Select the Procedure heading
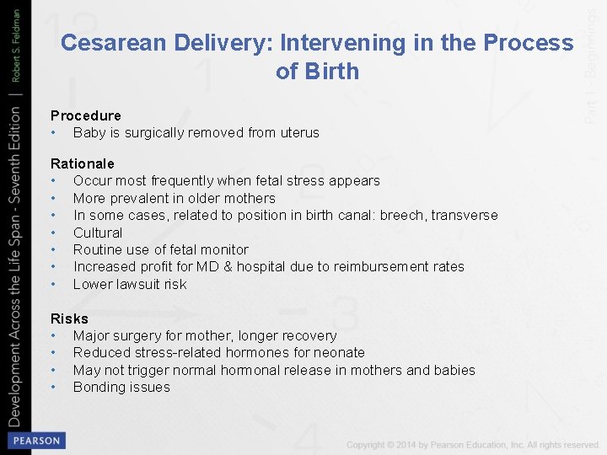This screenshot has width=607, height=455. [x=85, y=115]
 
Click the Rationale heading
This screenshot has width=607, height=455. [x=82, y=163]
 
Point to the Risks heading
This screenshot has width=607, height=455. [x=69, y=318]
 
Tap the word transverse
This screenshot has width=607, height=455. [x=465, y=215]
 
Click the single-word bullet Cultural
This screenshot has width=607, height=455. [x=98, y=233]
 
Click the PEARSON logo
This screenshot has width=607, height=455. [x=35, y=441]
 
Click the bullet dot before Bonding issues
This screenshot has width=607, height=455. [x=53, y=387]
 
